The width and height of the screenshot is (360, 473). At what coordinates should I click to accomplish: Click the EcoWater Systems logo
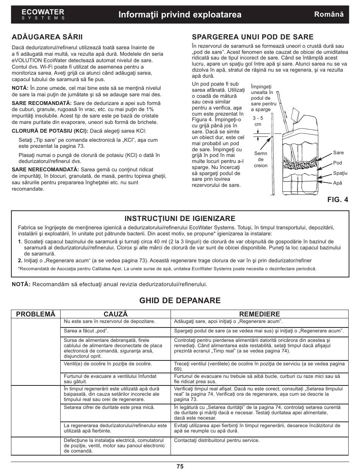tap(43, 14)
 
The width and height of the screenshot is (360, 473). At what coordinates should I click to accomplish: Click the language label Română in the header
tap(329, 14)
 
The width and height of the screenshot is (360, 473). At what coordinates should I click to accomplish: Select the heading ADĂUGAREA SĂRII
tap(47, 37)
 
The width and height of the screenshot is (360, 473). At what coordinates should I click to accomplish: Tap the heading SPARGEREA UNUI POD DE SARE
tap(253, 37)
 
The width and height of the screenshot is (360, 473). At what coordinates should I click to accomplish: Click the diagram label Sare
tap(338, 153)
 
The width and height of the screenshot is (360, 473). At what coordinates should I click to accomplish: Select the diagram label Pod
tap(337, 163)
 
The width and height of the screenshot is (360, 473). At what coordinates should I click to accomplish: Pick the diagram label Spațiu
tap(340, 173)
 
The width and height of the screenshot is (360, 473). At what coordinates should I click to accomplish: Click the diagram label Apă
tap(337, 183)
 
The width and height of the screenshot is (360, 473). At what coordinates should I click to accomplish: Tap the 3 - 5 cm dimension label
tap(258, 121)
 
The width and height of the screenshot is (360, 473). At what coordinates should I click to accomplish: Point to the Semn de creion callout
tap(261, 160)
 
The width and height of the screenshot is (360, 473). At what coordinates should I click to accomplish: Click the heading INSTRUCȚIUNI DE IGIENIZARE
tap(180, 218)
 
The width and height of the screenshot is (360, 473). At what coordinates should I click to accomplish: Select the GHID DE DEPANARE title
tap(180, 301)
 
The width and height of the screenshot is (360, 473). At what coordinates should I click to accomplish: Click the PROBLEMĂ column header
tap(36, 314)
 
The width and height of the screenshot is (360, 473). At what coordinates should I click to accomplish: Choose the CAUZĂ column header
tap(116, 314)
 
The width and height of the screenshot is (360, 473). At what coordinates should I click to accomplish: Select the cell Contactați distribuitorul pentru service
tap(216, 440)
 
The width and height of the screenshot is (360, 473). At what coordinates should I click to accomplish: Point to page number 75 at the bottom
tap(180, 467)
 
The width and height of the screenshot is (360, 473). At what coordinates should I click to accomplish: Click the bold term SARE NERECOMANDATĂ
tap(45, 169)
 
